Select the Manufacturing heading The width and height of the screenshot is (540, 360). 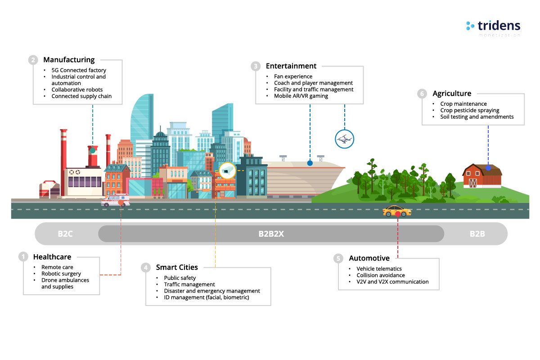click(x=69, y=60)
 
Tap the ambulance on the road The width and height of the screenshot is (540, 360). click(x=116, y=201)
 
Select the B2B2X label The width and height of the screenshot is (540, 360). click(x=271, y=234)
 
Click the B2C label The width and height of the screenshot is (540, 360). click(x=65, y=234)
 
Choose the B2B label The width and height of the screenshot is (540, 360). click(x=477, y=234)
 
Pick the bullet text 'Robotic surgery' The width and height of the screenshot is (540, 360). click(x=61, y=274)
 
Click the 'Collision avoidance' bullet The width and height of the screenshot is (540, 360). click(x=381, y=275)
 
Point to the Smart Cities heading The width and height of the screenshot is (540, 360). click(x=177, y=267)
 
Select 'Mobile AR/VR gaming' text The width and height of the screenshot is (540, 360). click(x=301, y=96)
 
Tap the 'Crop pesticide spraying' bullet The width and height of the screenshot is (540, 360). click(x=470, y=110)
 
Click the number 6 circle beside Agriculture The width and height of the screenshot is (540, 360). click(x=422, y=94)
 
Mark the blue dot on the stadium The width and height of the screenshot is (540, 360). click(x=310, y=162)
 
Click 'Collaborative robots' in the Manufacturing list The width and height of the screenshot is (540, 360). click(x=77, y=90)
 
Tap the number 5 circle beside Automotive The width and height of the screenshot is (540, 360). click(x=338, y=258)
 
